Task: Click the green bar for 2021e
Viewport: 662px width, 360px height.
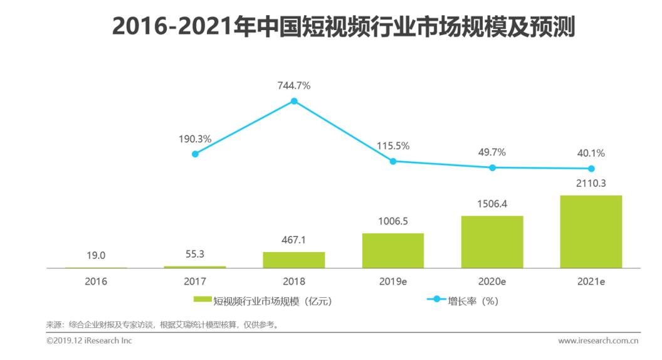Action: click(591, 231)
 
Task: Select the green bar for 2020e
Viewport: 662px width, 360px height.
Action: click(492, 242)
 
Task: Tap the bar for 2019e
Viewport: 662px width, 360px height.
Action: click(393, 251)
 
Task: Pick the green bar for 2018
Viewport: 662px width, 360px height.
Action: click(294, 260)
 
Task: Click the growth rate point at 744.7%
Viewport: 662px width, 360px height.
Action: click(294, 100)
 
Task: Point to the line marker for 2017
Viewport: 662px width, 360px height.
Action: click(195, 154)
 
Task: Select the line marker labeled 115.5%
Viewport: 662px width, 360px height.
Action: click(393, 161)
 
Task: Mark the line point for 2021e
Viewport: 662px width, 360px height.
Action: click(591, 169)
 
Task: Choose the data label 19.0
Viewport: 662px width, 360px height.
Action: click(96, 255)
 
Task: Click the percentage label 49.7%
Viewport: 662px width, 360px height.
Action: click(492, 152)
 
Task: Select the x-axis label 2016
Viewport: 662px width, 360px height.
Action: click(96, 282)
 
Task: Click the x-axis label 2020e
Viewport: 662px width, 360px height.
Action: click(492, 282)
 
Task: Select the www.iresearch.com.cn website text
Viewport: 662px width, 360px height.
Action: click(598, 341)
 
